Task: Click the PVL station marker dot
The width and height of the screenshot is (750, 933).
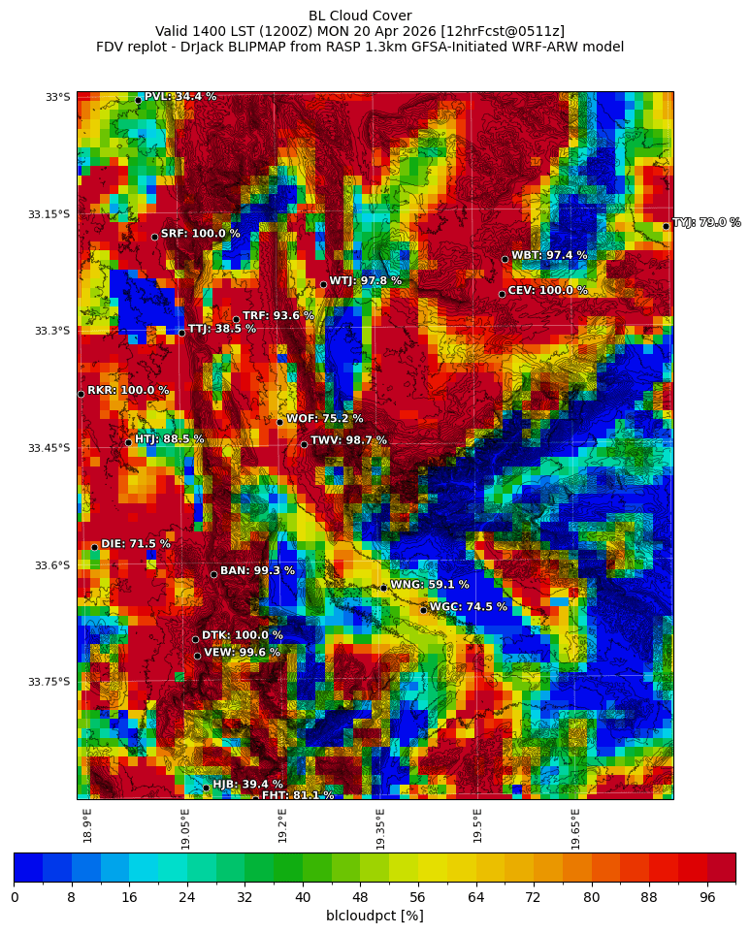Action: pos(138,100)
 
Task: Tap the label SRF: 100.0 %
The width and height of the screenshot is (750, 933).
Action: pos(200,234)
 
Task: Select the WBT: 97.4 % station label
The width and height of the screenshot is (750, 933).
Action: pos(549,255)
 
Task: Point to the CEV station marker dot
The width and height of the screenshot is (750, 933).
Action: pos(502,294)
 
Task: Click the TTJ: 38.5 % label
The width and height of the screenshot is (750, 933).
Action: pos(221,329)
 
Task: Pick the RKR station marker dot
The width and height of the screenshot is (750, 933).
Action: pos(81,394)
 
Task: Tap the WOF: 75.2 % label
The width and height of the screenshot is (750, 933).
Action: pos(324,419)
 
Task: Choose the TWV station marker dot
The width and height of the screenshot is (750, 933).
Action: pos(304,444)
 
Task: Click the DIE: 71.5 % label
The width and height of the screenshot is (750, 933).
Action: pos(136,544)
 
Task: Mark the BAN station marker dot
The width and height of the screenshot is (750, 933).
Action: pos(213,574)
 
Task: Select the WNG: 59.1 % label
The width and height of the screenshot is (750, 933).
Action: pos(429,585)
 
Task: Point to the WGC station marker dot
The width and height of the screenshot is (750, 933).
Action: pos(423,610)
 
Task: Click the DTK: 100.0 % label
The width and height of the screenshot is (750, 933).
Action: pos(242,635)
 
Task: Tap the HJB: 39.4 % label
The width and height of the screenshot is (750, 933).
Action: pos(247,785)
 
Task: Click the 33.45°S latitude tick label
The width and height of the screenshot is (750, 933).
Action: pos(49,448)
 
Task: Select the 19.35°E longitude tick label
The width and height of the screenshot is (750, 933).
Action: pos(380,828)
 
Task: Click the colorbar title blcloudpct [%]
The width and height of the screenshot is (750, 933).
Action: pos(375,916)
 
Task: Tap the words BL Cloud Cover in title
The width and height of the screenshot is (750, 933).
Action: pos(360,16)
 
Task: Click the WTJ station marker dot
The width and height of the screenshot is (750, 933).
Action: pos(323,284)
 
